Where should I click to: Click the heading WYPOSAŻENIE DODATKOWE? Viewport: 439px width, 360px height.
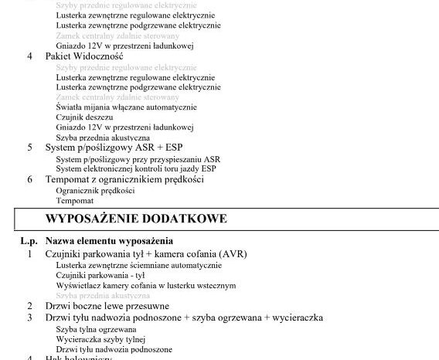(x=135, y=219)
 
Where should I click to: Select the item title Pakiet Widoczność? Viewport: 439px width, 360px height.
(x=83, y=56)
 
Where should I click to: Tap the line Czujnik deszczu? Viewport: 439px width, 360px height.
(x=79, y=117)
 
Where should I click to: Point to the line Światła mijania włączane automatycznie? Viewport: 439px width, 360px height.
(x=126, y=107)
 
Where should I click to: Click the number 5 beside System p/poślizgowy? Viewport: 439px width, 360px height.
(x=30, y=147)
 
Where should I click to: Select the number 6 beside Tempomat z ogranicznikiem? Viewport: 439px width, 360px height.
(x=30, y=179)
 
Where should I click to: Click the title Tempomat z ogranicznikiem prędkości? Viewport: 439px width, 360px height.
(x=124, y=179)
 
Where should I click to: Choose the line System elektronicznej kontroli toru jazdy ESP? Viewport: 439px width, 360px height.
(x=136, y=168)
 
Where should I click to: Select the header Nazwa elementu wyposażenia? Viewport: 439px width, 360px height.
(x=109, y=242)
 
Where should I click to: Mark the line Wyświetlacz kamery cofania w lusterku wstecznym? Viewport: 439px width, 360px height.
(x=145, y=285)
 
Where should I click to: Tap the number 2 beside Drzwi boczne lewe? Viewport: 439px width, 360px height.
(x=30, y=306)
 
